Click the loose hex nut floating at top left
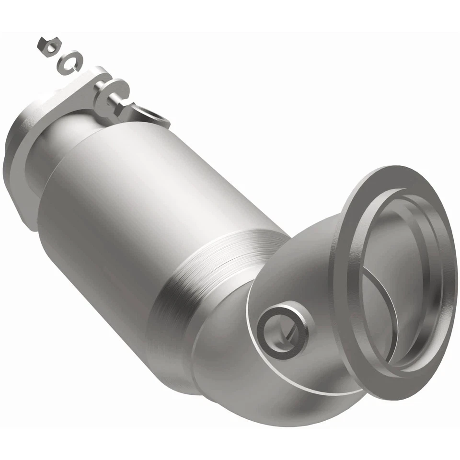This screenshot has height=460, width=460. pyautogui.click(x=46, y=45)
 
